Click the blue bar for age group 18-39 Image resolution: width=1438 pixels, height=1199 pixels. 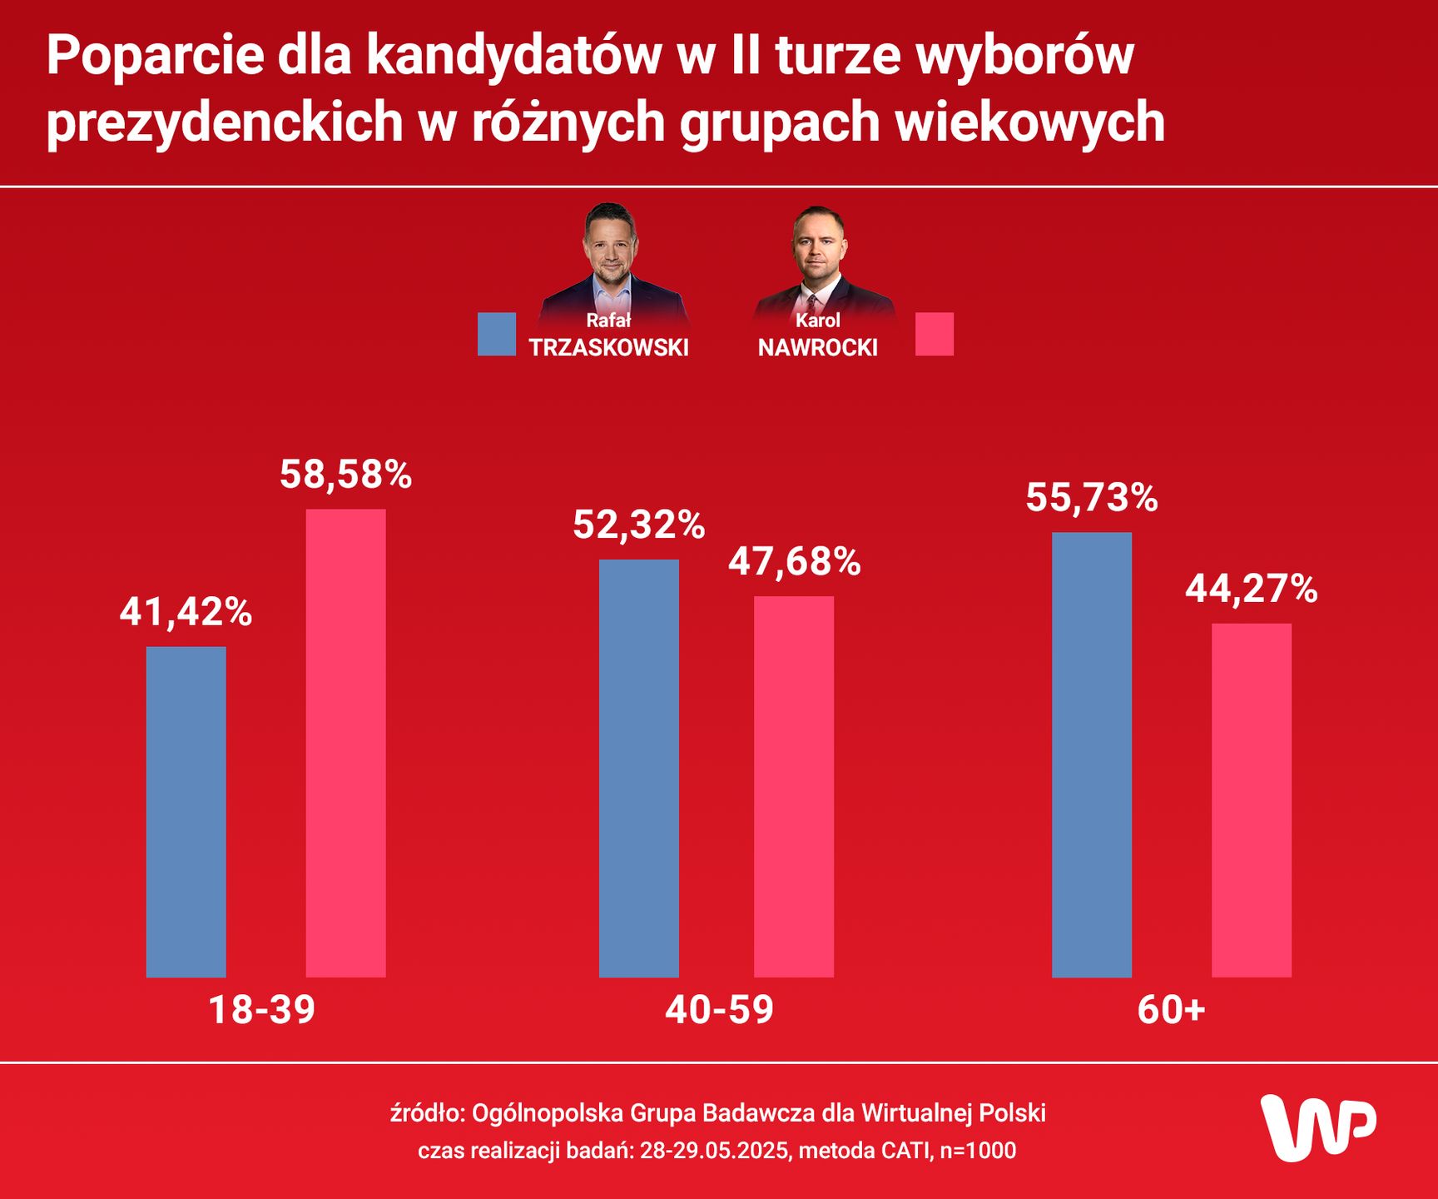click(186, 812)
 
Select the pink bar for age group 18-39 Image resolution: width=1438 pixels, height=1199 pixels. click(345, 743)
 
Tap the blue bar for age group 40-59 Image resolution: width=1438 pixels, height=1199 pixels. click(638, 768)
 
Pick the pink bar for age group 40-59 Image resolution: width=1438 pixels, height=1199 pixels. click(794, 786)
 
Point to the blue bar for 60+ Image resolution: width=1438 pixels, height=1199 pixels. click(1091, 754)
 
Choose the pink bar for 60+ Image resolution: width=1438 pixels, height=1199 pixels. click(1251, 800)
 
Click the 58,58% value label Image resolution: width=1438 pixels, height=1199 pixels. click(345, 475)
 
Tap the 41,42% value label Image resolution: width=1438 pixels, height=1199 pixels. click(186, 612)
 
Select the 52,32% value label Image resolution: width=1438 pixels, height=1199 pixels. click(638, 525)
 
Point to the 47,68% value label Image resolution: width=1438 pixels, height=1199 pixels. click(794, 562)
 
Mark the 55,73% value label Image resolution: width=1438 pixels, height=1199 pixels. click(1091, 498)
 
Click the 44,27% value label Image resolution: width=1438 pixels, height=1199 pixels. click(1251, 590)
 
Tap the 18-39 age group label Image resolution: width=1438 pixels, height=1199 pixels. click(261, 1010)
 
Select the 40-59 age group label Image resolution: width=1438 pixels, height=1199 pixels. click(719, 1010)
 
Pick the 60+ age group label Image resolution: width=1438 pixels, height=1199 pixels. click(1171, 1010)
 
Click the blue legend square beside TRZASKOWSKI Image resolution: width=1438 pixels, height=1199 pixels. click(497, 335)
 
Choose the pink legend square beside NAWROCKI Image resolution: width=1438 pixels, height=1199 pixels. click(935, 335)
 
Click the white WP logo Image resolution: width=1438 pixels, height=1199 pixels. click(1317, 1127)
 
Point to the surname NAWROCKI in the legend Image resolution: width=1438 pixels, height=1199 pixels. click(817, 348)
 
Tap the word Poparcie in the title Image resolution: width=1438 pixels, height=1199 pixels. click(153, 57)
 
